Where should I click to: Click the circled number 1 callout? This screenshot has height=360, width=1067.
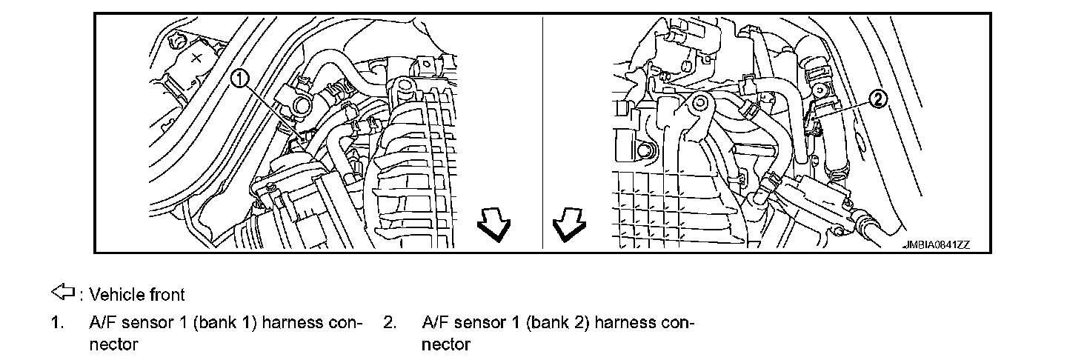point(241,78)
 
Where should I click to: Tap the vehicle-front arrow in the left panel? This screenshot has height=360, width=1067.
point(493,224)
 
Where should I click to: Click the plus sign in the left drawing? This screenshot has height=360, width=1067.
point(196,59)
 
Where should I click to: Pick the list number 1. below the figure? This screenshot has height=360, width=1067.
point(57,323)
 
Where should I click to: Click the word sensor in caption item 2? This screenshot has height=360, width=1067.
point(476,323)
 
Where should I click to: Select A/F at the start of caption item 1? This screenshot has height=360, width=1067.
point(102,323)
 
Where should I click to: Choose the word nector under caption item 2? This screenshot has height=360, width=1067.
point(446,344)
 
